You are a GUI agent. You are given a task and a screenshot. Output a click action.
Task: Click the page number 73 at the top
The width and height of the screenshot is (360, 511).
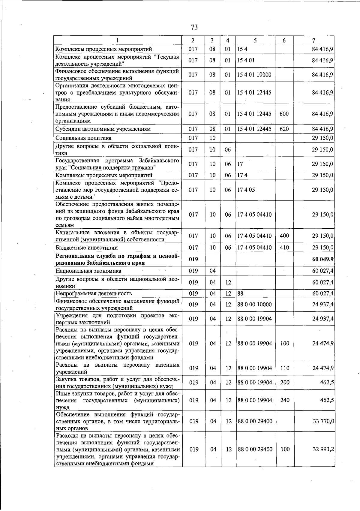point(194,27)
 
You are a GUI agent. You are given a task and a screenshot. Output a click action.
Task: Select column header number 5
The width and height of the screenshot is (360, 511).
point(255,41)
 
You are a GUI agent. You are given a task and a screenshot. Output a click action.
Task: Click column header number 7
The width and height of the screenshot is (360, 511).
point(313,41)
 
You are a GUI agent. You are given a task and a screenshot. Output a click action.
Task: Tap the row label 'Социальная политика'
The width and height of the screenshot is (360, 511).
point(83,138)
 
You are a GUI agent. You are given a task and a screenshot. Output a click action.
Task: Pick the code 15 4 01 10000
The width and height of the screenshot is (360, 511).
point(254,75)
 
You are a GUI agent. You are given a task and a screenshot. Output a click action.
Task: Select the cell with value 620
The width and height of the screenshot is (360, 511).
point(284,129)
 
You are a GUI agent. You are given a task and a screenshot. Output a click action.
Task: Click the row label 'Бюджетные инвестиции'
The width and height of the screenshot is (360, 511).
point(86,248)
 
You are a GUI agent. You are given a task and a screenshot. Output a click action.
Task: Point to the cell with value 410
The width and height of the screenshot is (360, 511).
point(284,248)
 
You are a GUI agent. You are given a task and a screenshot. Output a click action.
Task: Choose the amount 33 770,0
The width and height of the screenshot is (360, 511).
point(323,422)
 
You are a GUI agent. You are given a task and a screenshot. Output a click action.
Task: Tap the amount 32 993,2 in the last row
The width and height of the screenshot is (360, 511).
point(323,449)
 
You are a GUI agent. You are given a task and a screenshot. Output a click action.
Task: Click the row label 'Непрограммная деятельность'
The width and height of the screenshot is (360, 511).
point(94,293)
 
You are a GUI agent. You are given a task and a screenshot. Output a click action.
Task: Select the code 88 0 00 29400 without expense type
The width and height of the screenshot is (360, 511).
point(255,422)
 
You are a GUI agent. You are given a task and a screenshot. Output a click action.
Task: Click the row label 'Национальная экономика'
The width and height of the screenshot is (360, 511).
point(88,271)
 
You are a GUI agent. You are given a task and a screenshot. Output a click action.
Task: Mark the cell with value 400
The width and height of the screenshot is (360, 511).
point(284,236)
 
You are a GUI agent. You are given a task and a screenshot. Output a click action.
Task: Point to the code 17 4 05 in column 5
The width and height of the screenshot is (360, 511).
point(246,190)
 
